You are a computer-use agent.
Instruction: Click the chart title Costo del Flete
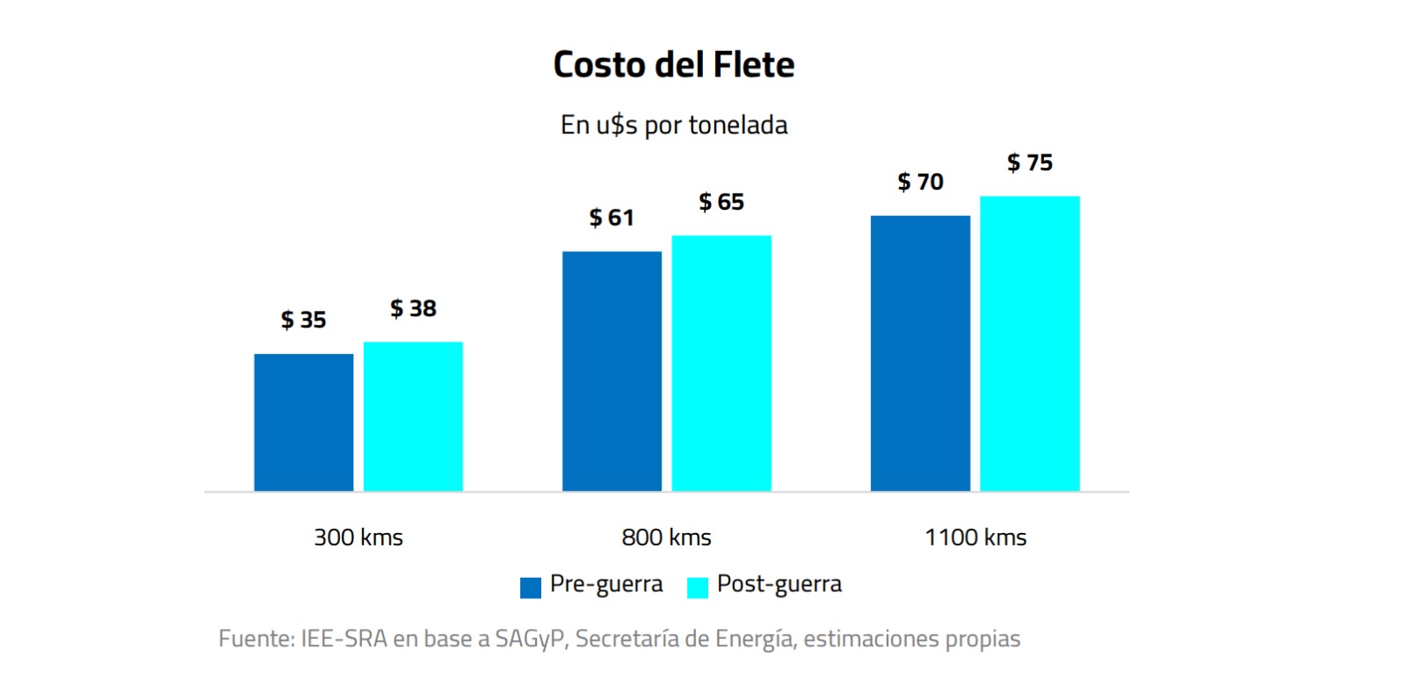point(674,64)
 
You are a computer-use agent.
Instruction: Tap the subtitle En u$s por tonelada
point(674,126)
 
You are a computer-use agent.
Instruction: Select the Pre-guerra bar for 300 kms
point(303,422)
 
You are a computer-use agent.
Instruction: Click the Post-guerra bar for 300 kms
point(413,416)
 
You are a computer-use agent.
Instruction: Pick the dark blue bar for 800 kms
point(612,371)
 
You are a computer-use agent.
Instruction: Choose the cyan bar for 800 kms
point(721,363)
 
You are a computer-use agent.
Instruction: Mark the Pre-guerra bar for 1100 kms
point(920,353)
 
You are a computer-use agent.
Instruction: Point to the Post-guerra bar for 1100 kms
point(1030,343)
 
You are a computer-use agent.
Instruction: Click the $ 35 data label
point(303,320)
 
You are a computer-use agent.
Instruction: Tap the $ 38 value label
point(413,308)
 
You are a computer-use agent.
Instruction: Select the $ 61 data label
point(612,217)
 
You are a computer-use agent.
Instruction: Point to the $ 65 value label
point(721,202)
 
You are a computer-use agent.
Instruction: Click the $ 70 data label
point(920,182)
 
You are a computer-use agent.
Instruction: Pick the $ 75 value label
point(1030,162)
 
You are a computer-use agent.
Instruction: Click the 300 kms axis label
point(359,537)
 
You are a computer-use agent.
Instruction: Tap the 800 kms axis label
point(666,537)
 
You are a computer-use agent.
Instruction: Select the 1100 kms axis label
point(975,537)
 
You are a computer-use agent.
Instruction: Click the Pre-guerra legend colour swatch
point(531,588)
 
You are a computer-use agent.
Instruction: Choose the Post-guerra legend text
point(779,584)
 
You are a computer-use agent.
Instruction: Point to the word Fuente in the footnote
point(255,638)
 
